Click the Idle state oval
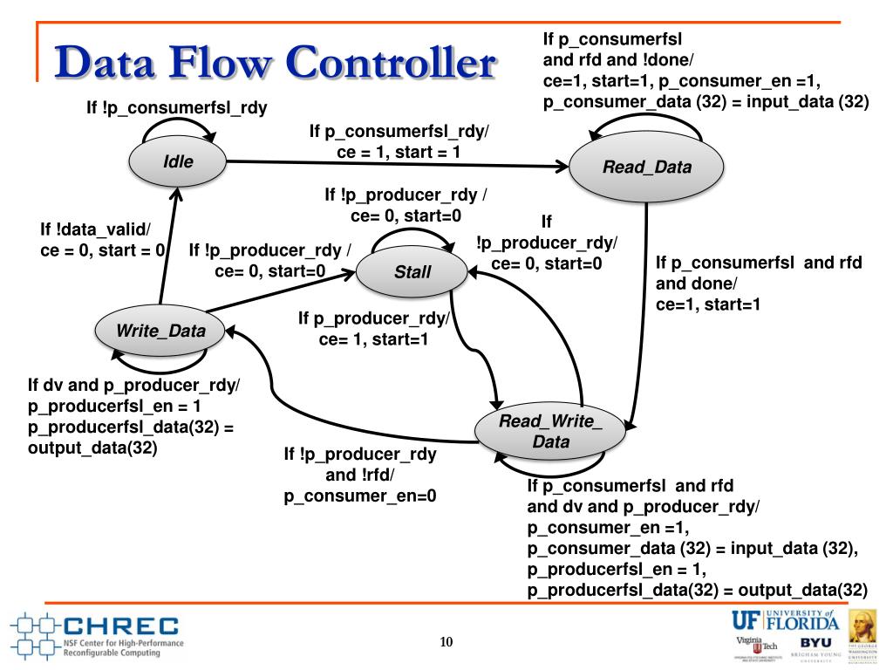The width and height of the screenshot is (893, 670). point(177,161)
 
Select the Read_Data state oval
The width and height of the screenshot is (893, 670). point(646,167)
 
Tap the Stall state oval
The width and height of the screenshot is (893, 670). point(412,271)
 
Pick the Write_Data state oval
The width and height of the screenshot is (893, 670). point(162,331)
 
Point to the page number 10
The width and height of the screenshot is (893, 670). point(446,643)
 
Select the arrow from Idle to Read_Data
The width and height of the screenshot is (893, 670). point(392,163)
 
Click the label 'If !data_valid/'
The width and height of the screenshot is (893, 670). point(95,229)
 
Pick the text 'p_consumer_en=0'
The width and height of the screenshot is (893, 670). point(360,496)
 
